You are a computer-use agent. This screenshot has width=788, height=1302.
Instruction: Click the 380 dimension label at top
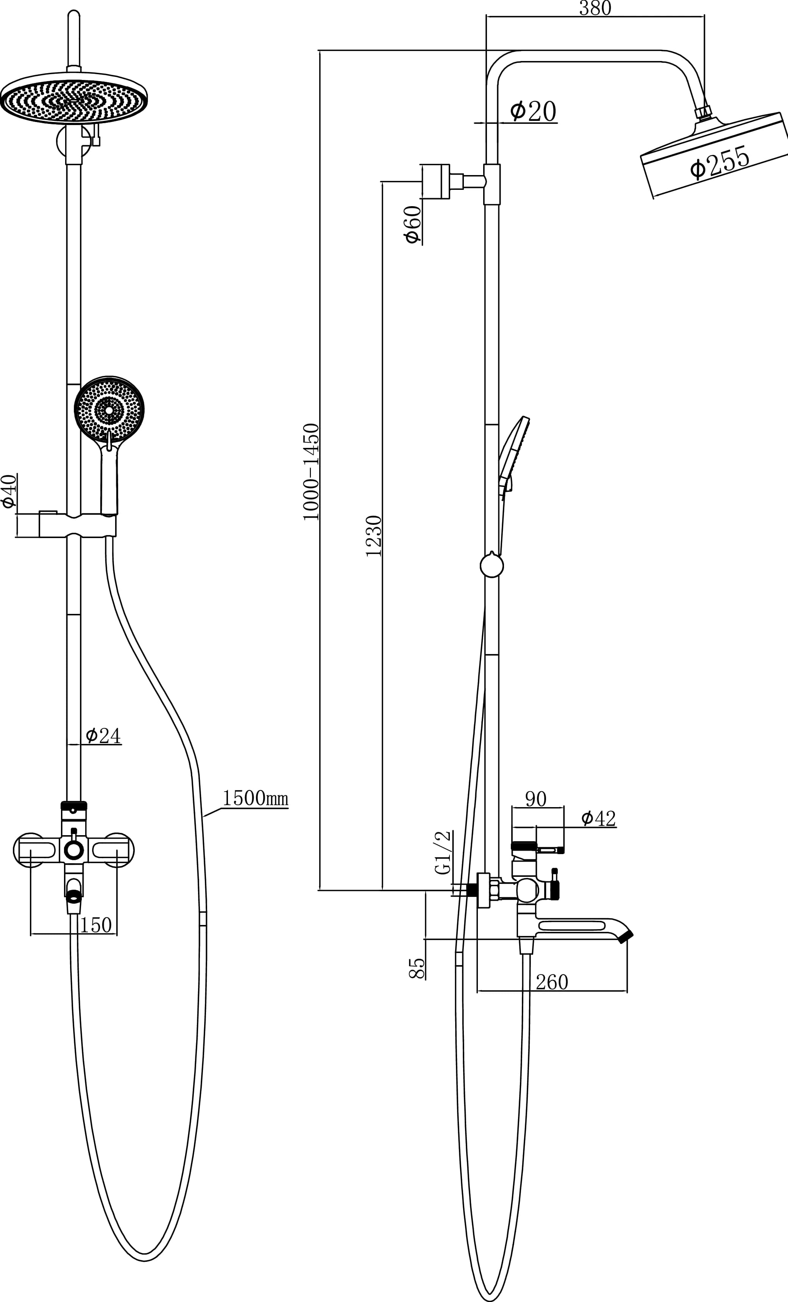coord(595,8)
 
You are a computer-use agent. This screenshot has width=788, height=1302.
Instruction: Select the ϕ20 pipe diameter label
coord(533,111)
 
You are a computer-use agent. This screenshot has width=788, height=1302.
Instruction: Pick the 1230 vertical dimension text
coord(373,536)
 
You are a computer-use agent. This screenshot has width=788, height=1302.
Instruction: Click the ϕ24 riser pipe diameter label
coord(103,735)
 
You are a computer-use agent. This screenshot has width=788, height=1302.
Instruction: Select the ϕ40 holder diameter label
coord(9,491)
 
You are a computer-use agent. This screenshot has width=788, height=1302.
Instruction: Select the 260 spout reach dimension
coord(552,982)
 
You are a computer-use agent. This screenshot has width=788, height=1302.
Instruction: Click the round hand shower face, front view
coord(109,410)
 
